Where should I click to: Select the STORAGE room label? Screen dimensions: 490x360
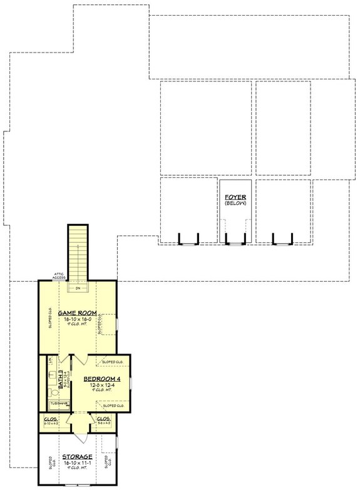tap(77, 457)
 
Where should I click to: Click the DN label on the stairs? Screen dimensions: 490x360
tap(78, 288)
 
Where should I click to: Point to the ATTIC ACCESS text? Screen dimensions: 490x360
tap(59, 276)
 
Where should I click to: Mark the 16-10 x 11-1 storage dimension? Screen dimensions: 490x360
tap(77, 463)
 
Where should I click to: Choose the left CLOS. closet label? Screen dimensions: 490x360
tap(50, 419)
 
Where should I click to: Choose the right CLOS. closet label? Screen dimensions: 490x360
tap(103, 419)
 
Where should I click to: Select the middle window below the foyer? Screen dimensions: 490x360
tap(235, 240)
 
